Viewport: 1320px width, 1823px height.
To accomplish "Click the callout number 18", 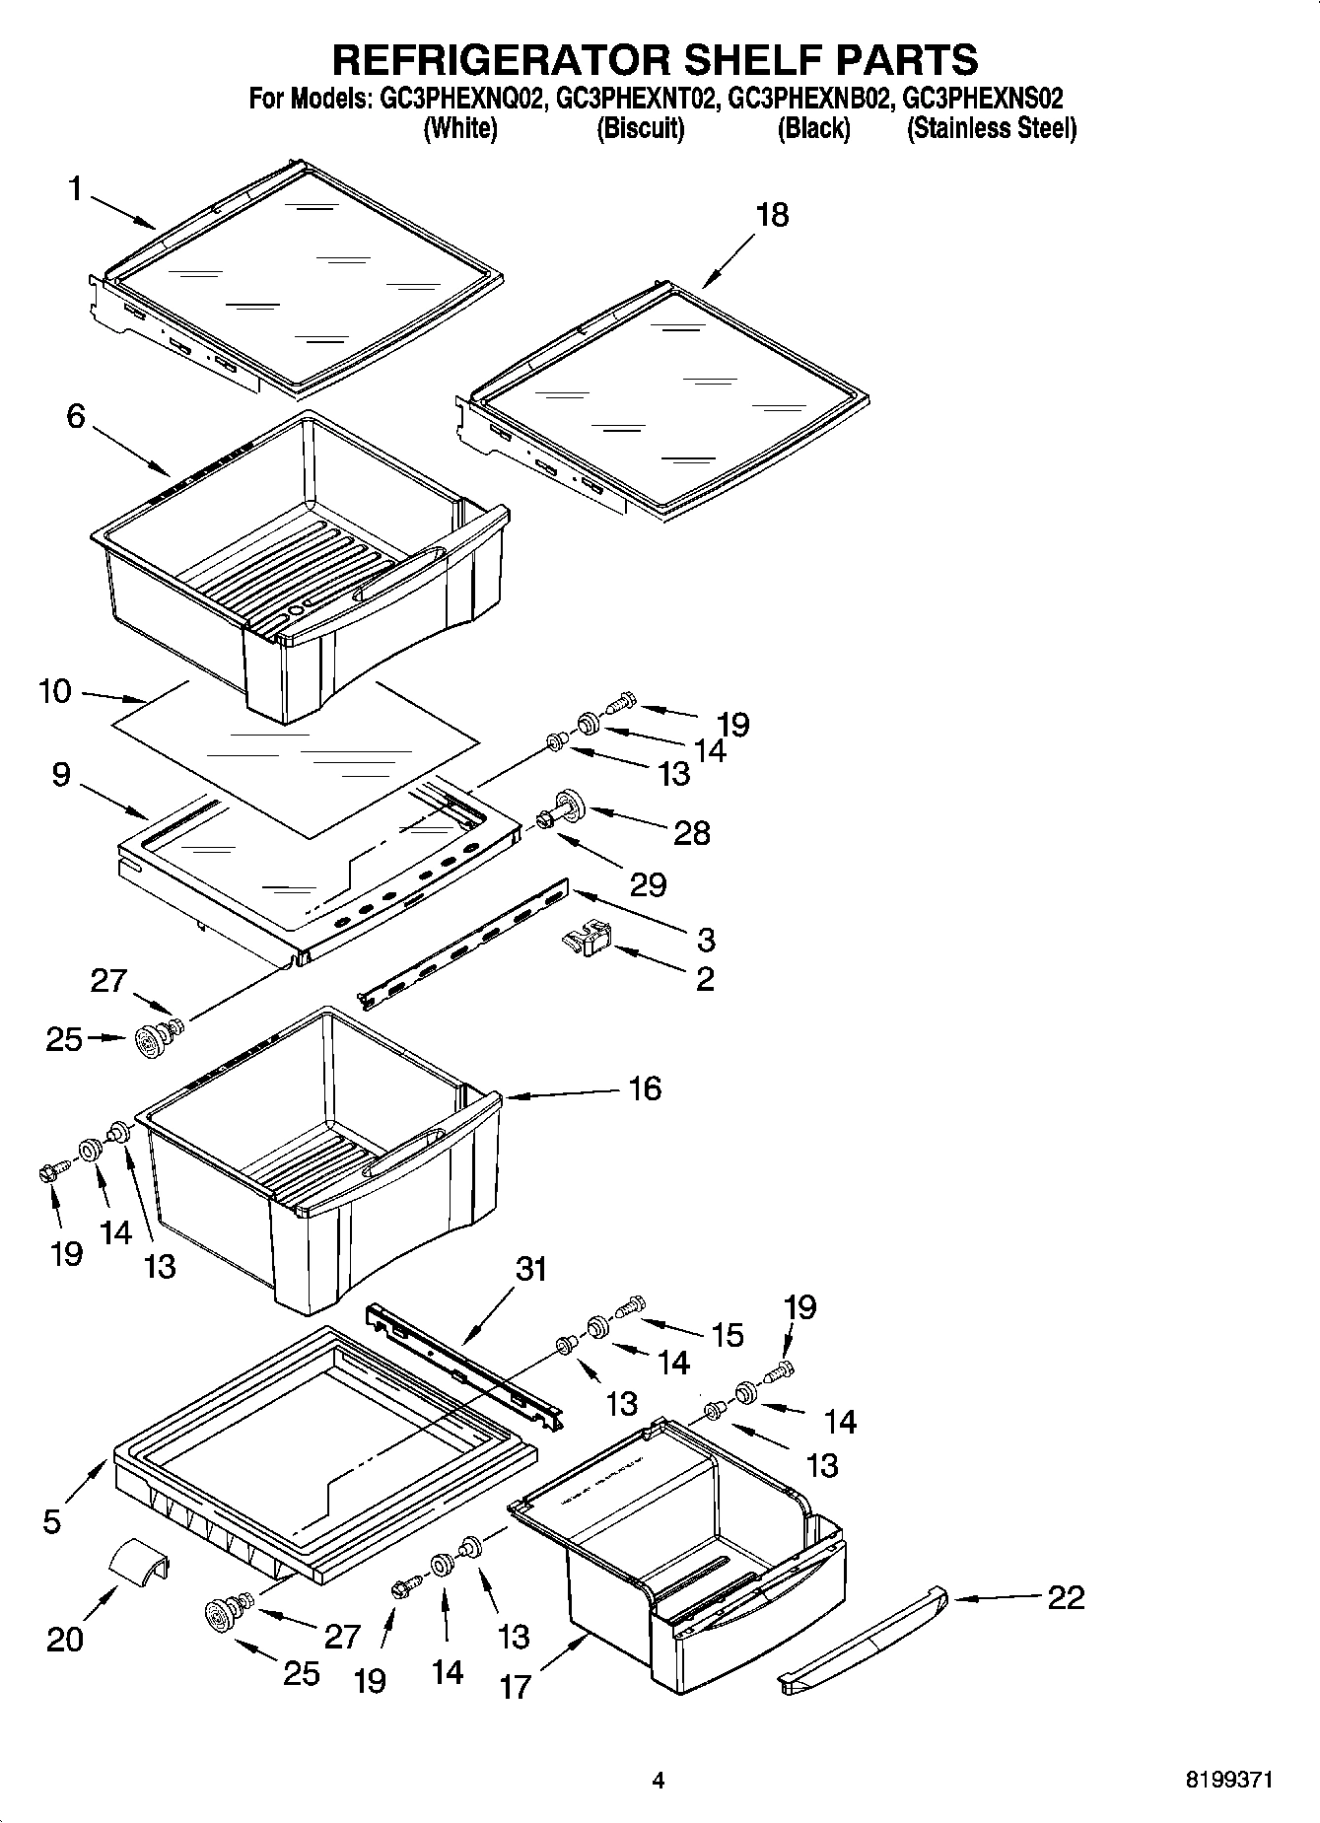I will click(x=772, y=215).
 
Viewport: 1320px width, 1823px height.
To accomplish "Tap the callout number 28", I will click(x=691, y=833).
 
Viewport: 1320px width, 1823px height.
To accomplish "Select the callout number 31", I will click(x=530, y=1269).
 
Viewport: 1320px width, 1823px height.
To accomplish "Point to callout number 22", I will click(x=1066, y=1597).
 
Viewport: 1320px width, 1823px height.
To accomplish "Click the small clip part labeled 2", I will click(x=587, y=938).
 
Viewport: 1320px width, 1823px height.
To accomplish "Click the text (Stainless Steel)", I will click(x=991, y=128).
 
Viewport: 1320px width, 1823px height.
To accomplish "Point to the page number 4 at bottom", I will click(x=659, y=1781).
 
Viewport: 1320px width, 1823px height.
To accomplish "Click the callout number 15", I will click(x=727, y=1335).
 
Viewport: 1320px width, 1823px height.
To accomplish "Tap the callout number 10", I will click(x=55, y=691).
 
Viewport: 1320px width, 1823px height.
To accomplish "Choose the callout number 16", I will click(x=645, y=1088).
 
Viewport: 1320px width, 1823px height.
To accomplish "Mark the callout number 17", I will click(x=515, y=1687).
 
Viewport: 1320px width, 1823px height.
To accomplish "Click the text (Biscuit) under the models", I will click(x=640, y=128).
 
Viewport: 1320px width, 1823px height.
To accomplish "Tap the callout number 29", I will click(x=648, y=884).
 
